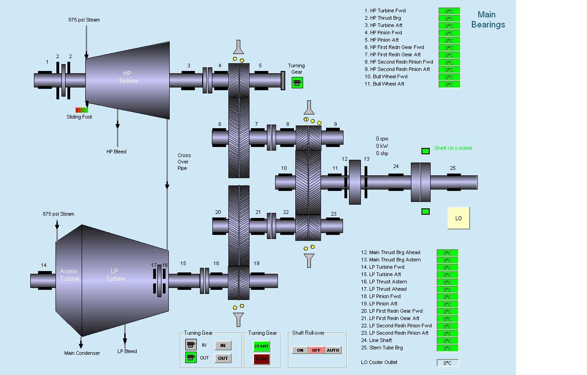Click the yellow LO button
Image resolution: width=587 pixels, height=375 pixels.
459,218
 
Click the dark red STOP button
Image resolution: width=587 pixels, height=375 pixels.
261,359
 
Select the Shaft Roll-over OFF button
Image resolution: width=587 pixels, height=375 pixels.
316,350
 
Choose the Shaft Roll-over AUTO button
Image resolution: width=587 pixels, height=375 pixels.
333,350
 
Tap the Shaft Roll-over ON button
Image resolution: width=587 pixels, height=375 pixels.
300,350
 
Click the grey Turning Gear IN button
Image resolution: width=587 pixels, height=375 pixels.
223,345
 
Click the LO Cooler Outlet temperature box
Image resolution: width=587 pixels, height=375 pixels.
448,363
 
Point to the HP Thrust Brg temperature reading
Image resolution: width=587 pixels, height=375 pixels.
449,19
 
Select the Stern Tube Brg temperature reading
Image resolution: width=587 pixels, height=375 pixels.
447,348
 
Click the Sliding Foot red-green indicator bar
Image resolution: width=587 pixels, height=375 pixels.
82,110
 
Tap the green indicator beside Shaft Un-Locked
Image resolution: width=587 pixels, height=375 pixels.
425,151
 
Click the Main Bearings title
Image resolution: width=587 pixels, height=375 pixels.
487,19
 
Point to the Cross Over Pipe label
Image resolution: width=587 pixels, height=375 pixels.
184,162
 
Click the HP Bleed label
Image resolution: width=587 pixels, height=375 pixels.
116,152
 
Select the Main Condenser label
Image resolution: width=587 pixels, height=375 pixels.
82,353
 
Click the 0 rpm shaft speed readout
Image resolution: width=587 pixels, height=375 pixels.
382,139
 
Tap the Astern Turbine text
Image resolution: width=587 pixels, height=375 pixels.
69,275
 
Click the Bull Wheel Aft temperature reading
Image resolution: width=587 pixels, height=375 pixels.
449,85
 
